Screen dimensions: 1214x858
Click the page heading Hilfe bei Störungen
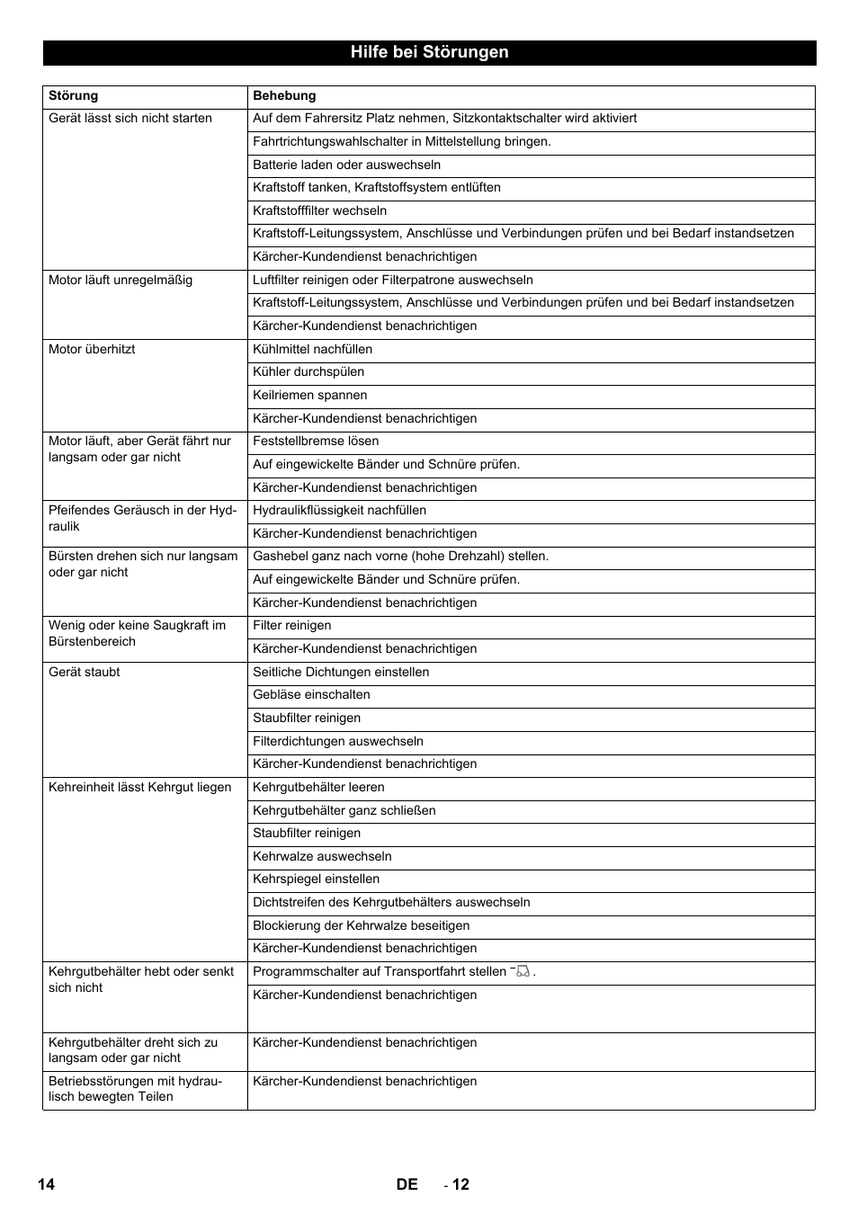[x=429, y=52]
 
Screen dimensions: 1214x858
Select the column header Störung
[x=74, y=96]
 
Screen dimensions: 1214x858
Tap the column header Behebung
[x=284, y=96]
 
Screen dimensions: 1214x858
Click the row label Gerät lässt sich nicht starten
[x=130, y=119]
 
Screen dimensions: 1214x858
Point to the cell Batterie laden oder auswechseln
[x=347, y=165]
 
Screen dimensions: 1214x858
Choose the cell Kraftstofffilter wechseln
[x=320, y=210]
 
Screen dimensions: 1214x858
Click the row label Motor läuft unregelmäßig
[x=121, y=281]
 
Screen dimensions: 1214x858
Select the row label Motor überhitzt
[x=92, y=350]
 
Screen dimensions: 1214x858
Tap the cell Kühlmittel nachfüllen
[x=312, y=350]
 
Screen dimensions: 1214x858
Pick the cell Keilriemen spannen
[x=310, y=396]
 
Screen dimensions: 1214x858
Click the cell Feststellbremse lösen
[x=316, y=442]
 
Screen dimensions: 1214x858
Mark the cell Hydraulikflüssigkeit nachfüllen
[x=340, y=511]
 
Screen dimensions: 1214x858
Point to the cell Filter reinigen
[x=292, y=626]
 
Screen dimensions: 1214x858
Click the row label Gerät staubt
[x=85, y=673]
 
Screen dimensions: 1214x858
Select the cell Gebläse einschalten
[x=311, y=695]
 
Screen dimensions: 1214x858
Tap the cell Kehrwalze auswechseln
[x=322, y=857]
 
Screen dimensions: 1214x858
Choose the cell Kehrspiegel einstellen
[x=317, y=879]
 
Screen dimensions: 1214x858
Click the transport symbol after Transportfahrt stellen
[x=522, y=971]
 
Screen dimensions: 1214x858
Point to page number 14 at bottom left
[x=46, y=1184]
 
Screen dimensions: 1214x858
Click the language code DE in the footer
[x=407, y=1184]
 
